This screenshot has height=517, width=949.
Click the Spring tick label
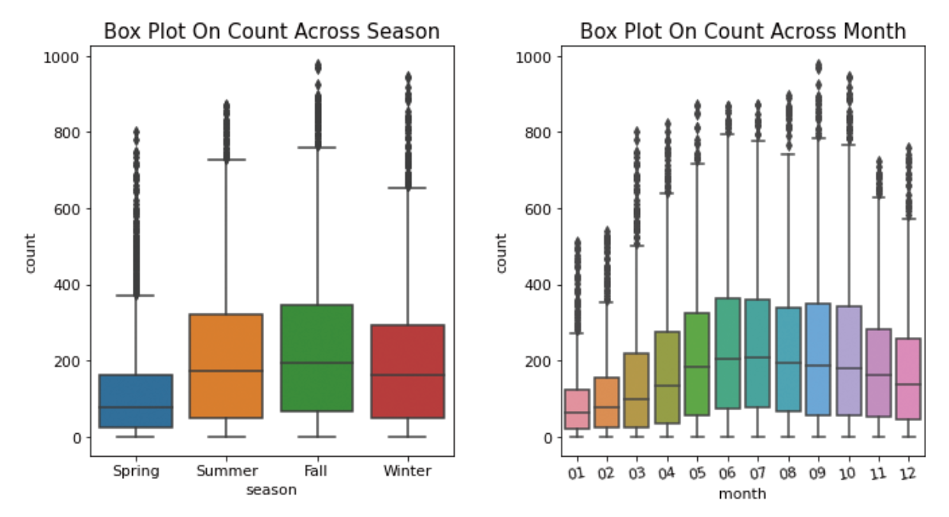(x=136, y=471)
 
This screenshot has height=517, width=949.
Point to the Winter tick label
(x=407, y=471)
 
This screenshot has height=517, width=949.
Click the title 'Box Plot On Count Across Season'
(x=272, y=31)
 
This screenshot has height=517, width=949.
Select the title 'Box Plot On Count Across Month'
(x=742, y=31)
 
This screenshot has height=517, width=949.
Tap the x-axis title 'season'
(x=271, y=490)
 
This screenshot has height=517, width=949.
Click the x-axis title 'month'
(x=742, y=494)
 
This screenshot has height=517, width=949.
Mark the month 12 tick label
(x=908, y=474)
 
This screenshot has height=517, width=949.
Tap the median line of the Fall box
(x=316, y=363)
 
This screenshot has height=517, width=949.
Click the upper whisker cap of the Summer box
(x=226, y=159)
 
